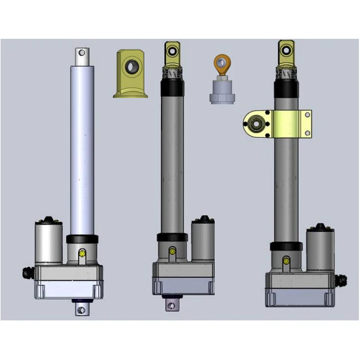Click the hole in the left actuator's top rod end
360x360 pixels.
coord(82,53)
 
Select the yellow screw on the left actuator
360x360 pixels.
coord(83,254)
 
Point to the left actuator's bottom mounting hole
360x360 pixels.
coord(82,309)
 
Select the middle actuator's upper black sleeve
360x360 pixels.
coord(172,87)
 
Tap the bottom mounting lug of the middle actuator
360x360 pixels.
coord(172,304)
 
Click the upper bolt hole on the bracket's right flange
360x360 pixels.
coord(307,115)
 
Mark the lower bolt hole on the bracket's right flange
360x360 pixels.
coord(307,133)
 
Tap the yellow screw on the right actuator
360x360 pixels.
coord(286,260)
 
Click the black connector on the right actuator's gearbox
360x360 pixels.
coord(340,278)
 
